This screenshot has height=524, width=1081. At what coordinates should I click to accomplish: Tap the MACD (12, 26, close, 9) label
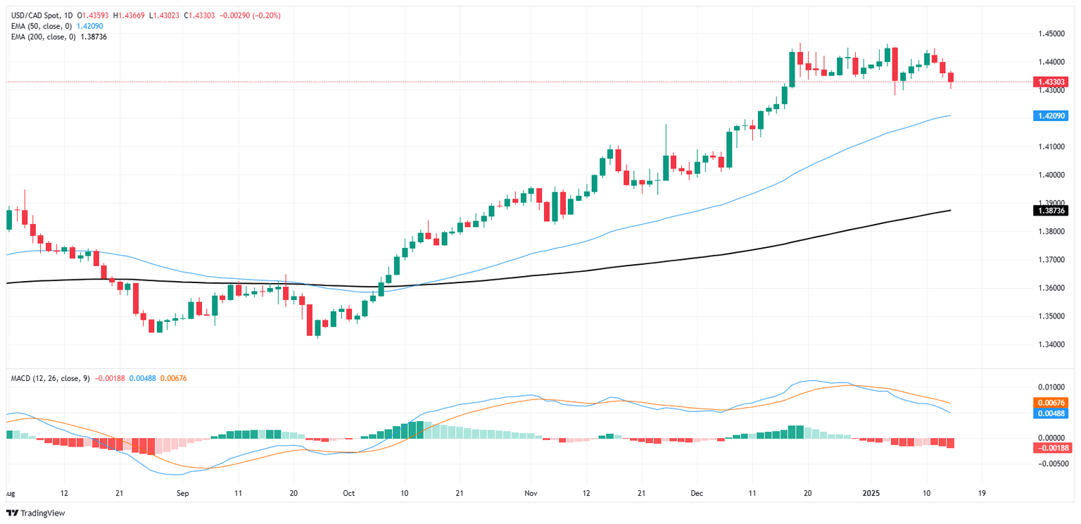click(x=50, y=379)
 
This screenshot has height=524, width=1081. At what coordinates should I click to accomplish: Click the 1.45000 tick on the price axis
click(x=1049, y=34)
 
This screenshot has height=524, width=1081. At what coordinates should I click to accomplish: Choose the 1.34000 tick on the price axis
click(x=1049, y=344)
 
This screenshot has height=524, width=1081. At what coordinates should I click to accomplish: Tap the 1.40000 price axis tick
click(x=1049, y=175)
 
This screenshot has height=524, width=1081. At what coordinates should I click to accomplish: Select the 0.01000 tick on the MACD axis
click(x=1049, y=387)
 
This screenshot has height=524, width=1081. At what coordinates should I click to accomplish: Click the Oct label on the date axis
click(x=349, y=494)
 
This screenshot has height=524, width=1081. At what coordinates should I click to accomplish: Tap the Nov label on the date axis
click(x=531, y=494)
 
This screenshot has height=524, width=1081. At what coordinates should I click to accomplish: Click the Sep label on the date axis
click(x=182, y=494)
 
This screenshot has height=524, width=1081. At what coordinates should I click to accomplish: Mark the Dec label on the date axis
click(x=697, y=494)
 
